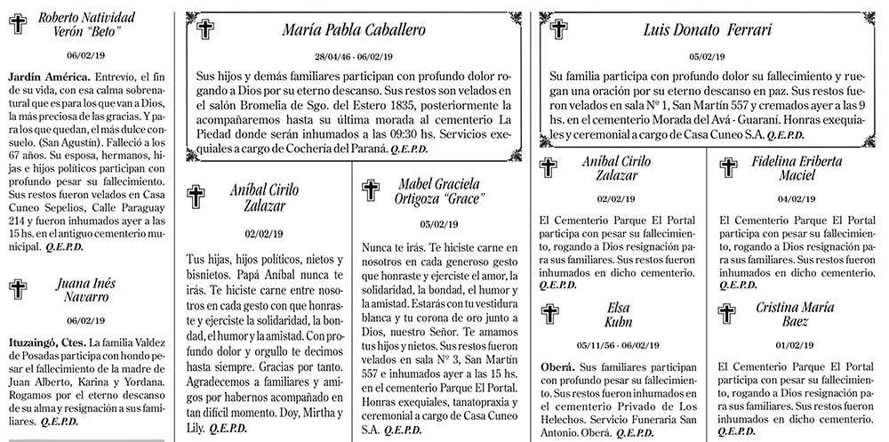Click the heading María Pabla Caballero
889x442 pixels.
tap(354, 29)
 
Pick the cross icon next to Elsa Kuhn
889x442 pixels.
tap(550, 316)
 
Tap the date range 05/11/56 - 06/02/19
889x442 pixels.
tap(618, 344)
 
